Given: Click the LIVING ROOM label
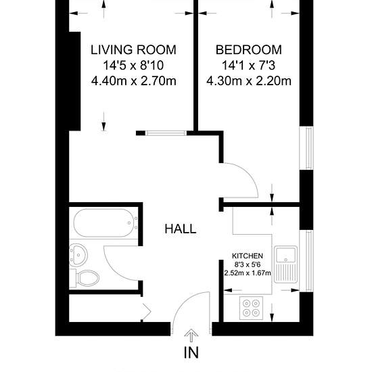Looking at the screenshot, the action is [133, 50].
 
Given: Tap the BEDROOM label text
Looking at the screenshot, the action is [249, 50].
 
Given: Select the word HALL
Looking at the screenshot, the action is [181, 229].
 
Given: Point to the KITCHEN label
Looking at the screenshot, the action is [248, 256].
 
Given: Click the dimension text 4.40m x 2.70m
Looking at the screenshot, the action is [133, 81].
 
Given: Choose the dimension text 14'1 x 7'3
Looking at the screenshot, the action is [248, 66].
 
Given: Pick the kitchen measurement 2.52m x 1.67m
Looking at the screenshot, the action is [248, 273].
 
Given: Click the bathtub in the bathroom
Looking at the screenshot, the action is [106, 223].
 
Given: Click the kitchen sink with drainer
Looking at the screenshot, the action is [285, 264].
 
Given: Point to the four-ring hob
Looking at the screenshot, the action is [251, 308].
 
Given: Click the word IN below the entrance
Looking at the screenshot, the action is [191, 352].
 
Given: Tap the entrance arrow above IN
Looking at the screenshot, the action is [191, 335].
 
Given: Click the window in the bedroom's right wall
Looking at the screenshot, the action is [306, 148].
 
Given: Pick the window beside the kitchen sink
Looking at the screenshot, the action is [306, 260].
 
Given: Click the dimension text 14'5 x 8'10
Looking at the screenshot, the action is [133, 66].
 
